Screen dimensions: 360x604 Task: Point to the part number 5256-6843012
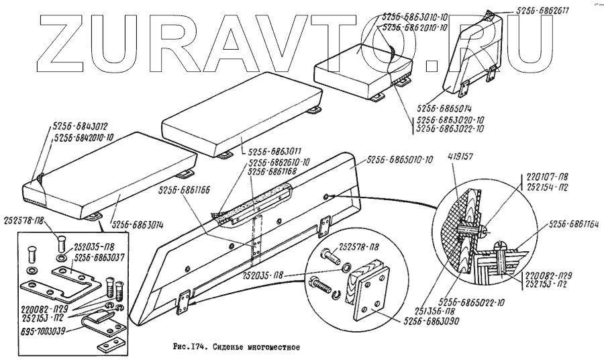(80, 126)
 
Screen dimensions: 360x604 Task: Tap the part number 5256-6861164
(575, 226)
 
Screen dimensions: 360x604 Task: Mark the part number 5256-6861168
(274, 172)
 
